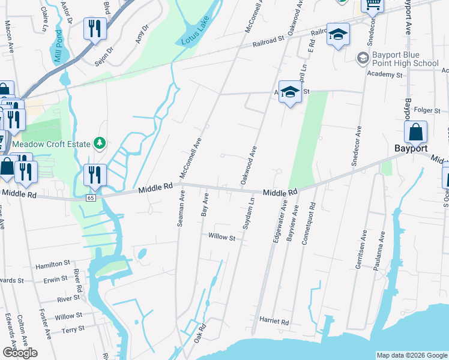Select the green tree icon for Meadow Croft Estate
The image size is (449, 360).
pyautogui.click(x=100, y=143)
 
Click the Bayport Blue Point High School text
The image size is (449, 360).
pyautogui.click(x=405, y=59)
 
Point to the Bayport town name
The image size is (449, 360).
pyautogui.click(x=411, y=148)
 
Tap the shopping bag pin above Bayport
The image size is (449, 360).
pyautogui.click(x=415, y=133)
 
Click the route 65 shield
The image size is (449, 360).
pyautogui.click(x=91, y=197)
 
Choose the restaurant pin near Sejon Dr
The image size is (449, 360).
pyautogui.click(x=95, y=29)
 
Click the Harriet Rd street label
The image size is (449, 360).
pyautogui.click(x=274, y=322)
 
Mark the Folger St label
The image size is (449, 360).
pyautogui.click(x=429, y=110)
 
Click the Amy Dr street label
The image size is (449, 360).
pyautogui.click(x=142, y=34)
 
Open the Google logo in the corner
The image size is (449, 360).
pyautogui.click(x=20, y=352)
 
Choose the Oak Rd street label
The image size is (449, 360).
pyautogui.click(x=200, y=334)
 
